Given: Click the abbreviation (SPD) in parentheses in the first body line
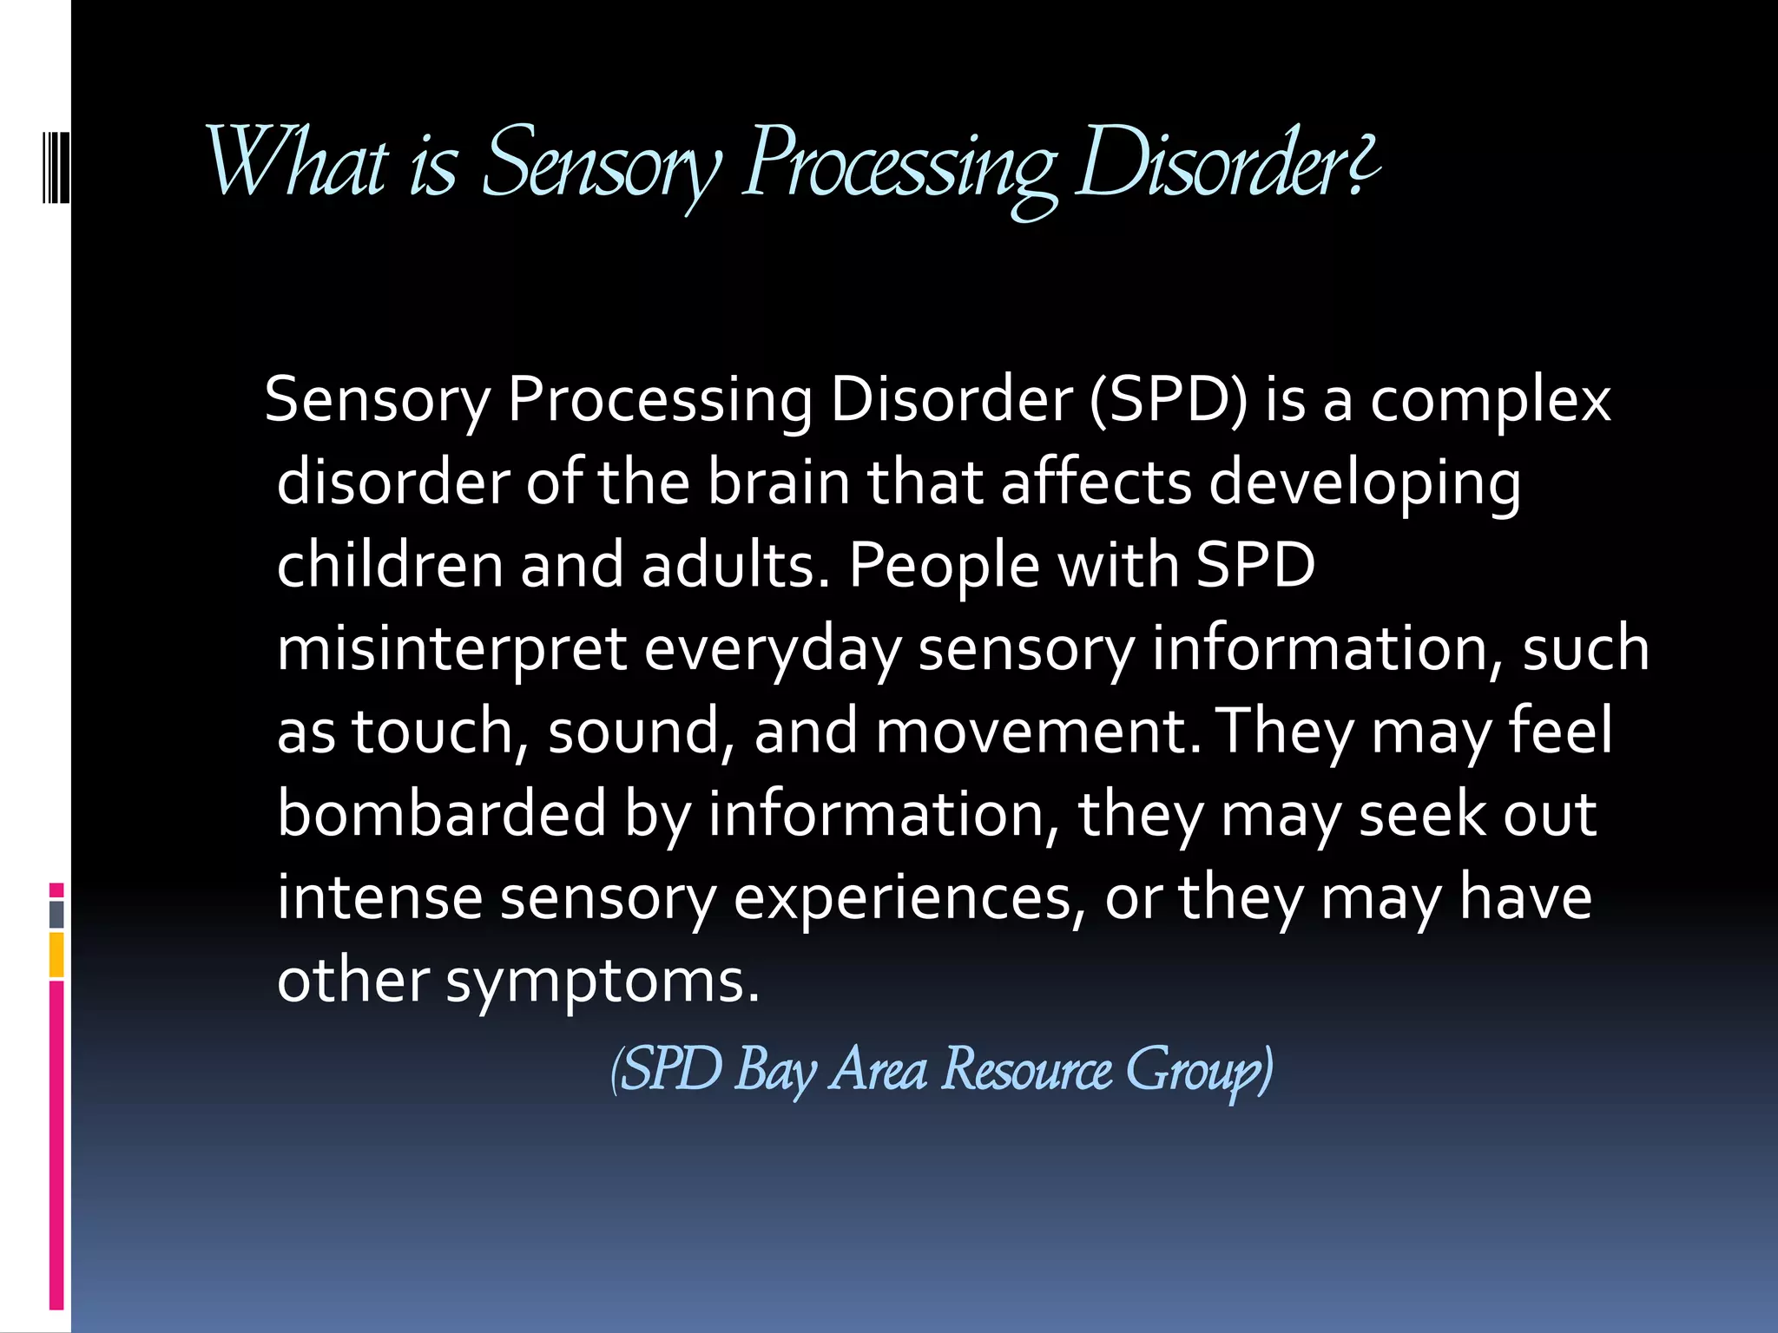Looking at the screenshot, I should [1168, 400].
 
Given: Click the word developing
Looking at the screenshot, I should [1365, 484].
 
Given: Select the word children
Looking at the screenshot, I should [390, 565].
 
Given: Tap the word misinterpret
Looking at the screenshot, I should [451, 649].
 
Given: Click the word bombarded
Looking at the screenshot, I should [441, 813].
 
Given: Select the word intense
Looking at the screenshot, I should [379, 896].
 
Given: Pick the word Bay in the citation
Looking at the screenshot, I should [775, 1070].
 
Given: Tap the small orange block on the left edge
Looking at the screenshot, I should [56, 955].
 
